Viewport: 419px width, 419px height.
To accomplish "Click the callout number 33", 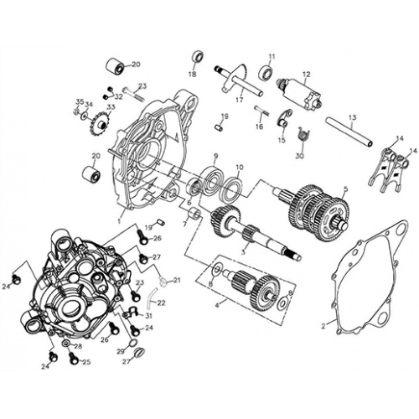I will click(x=111, y=108).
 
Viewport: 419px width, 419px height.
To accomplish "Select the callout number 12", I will click(x=306, y=75).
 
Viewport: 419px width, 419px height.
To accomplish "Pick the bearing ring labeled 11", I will click(x=267, y=73).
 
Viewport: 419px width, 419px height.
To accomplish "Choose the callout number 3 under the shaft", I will click(x=243, y=251).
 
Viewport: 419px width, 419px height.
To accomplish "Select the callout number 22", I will click(x=162, y=303).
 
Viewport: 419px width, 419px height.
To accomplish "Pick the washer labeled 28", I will click(x=66, y=345).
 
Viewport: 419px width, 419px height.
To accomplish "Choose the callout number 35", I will click(x=80, y=102).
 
